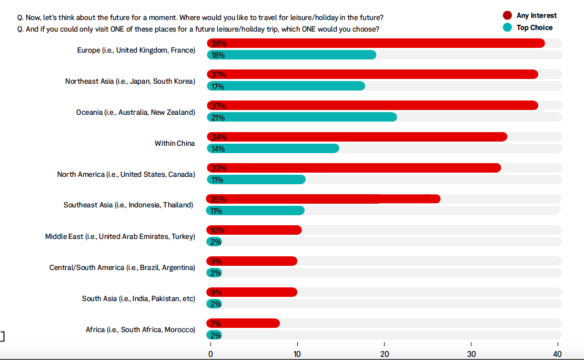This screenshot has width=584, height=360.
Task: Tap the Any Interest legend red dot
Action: point(508,15)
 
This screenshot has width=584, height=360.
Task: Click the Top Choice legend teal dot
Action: point(508,27)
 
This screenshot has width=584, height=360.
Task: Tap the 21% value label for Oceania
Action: point(218,117)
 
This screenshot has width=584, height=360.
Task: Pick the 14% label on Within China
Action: point(218,149)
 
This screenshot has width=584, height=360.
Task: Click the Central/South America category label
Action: point(122,267)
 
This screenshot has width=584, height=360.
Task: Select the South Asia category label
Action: point(138,298)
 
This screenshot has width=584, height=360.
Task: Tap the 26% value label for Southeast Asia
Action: point(218,199)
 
